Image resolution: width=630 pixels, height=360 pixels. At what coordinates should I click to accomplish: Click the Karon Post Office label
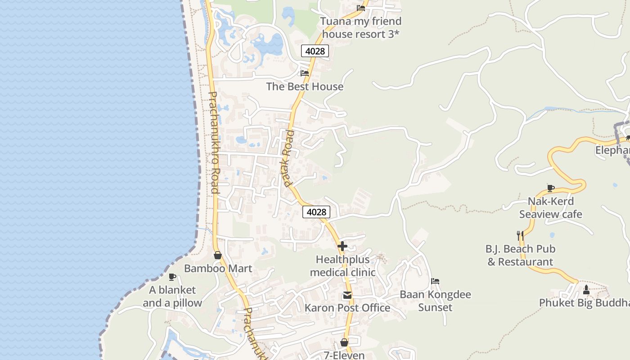[x=347, y=308]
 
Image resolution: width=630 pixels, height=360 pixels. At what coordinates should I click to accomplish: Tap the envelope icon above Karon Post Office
[x=347, y=296]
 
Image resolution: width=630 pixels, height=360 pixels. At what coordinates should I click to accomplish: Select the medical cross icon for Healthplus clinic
[x=342, y=246]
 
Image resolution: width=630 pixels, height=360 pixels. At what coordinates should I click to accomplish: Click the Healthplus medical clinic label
[x=342, y=266]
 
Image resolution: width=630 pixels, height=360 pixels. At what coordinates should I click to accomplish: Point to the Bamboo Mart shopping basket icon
[x=218, y=255]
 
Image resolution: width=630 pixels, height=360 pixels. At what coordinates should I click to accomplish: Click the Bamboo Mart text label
[x=218, y=269]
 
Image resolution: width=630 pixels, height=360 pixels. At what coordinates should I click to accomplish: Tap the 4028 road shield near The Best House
[x=315, y=51]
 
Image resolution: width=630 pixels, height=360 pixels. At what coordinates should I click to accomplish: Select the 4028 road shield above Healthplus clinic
[x=316, y=211]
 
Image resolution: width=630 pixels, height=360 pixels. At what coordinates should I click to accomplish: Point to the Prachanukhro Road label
[x=214, y=143]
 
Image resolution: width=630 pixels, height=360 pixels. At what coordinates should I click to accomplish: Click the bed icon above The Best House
[x=305, y=73]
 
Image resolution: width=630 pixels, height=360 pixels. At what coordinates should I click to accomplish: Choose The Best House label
[x=305, y=86]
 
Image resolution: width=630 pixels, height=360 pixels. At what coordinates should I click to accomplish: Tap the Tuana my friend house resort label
[x=361, y=27]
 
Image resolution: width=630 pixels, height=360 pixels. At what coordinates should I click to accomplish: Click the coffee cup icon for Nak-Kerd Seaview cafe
[x=550, y=188]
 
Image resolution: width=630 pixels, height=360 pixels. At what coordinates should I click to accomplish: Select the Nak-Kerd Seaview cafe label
[x=551, y=207]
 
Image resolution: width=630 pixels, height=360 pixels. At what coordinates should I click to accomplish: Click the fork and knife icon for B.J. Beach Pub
[x=520, y=235]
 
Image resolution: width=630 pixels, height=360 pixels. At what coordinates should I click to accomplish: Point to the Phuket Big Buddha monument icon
[x=586, y=290]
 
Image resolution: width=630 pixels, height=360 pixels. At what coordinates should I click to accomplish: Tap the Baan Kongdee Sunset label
[x=435, y=301]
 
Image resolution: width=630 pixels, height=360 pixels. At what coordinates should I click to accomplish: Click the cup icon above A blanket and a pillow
[x=172, y=277]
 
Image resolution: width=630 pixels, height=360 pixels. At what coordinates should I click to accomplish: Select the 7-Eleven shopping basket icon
[x=344, y=342]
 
